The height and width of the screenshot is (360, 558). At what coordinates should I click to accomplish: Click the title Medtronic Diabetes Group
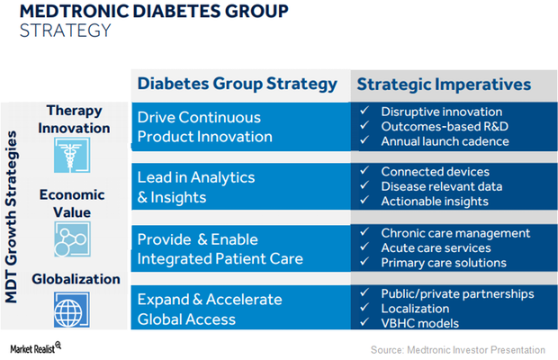(x=154, y=12)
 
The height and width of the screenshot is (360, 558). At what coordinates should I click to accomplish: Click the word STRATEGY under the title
(x=67, y=31)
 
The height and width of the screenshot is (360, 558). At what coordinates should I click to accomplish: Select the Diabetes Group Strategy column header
(x=237, y=85)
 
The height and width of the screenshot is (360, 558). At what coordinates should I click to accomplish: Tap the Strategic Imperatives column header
(x=444, y=85)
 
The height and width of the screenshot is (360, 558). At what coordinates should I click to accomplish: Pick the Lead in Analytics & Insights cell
(x=196, y=186)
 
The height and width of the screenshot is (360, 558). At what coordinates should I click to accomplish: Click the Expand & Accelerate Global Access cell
(x=209, y=309)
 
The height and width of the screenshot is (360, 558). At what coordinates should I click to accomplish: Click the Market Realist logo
(x=36, y=346)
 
